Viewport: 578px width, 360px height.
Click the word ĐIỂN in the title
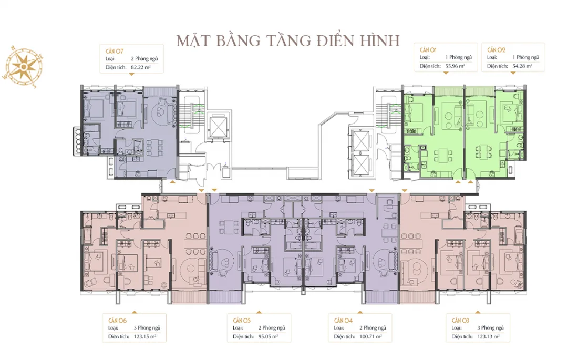[343, 40]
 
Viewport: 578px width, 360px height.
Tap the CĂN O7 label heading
[116, 50]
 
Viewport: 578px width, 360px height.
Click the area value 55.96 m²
[455, 66]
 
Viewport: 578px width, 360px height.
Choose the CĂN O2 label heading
[496, 49]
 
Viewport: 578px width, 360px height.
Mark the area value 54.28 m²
[522, 66]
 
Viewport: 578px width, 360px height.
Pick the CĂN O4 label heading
[343, 320]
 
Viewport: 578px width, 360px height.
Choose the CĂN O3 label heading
[460, 320]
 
